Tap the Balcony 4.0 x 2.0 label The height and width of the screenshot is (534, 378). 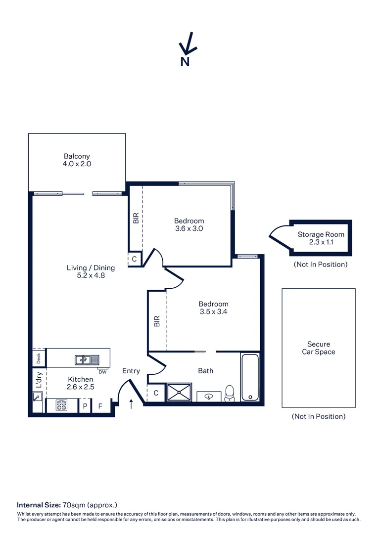click(x=77, y=160)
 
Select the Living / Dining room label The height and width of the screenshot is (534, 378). click(x=91, y=271)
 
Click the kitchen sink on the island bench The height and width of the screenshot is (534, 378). click(x=87, y=359)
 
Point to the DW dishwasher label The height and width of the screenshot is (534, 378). click(x=102, y=372)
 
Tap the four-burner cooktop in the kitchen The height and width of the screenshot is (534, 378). click(x=62, y=405)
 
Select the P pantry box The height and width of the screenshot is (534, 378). click(x=85, y=406)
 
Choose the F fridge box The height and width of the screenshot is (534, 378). click(x=100, y=406)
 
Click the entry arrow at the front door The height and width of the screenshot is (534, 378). click(x=131, y=404)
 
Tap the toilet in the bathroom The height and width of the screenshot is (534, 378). click(x=230, y=393)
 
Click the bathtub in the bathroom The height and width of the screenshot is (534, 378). click(x=250, y=377)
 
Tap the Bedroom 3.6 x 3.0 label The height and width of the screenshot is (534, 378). click(x=189, y=224)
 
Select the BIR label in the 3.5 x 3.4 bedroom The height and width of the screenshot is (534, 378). click(x=157, y=321)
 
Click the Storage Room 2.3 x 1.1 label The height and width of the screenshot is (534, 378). click(x=321, y=238)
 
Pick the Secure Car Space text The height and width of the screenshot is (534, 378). click(x=318, y=348)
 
